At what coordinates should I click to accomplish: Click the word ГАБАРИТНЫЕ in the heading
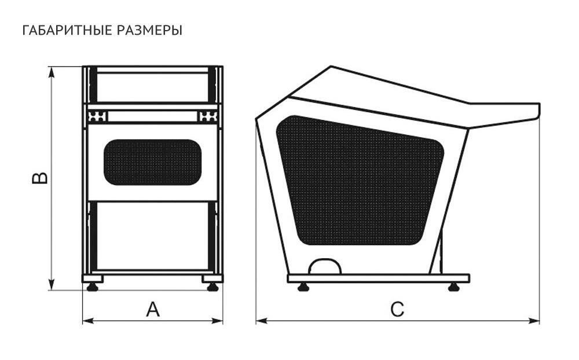pos(61,30)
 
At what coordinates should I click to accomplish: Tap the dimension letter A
pos(152,310)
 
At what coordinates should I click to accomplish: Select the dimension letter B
pos(40,178)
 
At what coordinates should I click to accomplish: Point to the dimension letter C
pos(397,310)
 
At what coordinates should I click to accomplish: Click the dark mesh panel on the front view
pos(152,162)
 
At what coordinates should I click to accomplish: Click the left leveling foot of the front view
pos(92,285)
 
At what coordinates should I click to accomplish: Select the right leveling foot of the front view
pos(212,285)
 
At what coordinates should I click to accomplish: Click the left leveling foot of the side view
pos(302,286)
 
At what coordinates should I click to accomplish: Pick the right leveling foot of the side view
pos(453,286)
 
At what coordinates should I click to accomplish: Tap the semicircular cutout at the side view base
pos(324,267)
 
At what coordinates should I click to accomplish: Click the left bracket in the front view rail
pos(97,116)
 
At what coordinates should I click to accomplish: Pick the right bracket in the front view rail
pos(208,116)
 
